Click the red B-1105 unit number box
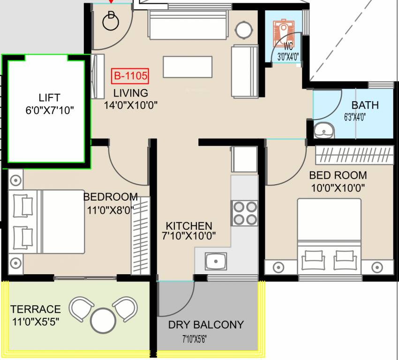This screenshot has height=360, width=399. (x=130, y=76)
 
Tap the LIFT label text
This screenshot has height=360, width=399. (x=49, y=97)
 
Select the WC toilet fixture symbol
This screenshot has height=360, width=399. (x=284, y=32)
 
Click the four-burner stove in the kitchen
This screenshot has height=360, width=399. (x=245, y=213)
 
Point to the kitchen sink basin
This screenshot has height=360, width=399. (x=216, y=261)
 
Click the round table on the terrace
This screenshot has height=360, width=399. (x=103, y=321)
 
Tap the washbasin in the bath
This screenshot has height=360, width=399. (x=324, y=131)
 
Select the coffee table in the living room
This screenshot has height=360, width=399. (x=188, y=67)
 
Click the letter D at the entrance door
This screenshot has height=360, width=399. (x=111, y=15)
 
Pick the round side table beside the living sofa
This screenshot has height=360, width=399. (x=244, y=30)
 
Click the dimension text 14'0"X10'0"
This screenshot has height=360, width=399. (x=130, y=105)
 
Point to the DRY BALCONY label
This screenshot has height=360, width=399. (x=206, y=325)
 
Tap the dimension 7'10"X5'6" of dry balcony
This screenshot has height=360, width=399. (x=195, y=339)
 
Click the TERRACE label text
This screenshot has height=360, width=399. (x=36, y=309)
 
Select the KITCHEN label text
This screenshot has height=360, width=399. (x=189, y=226)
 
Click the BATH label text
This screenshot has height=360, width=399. (x=365, y=105)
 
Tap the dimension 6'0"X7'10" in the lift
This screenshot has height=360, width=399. (x=50, y=111)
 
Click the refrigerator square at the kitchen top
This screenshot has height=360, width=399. (x=244, y=159)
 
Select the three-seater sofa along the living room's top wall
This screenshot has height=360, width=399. (x=188, y=25)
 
